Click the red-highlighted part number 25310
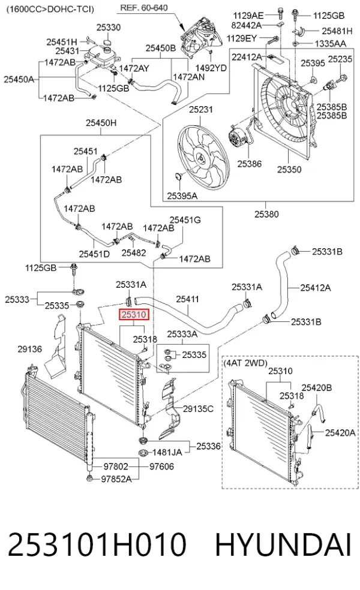coord(134,314)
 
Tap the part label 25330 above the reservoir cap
coord(109,27)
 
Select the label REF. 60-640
coord(144,8)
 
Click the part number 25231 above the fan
coord(201,109)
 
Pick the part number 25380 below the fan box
coord(266,214)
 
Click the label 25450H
coord(101,123)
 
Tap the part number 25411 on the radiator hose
coord(187,299)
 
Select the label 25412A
coord(316,288)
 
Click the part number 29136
coord(30,349)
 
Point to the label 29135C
coord(198,409)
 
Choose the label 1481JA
coord(167,452)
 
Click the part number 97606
coord(161,466)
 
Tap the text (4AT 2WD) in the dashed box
coord(245,363)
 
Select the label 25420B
coord(317,387)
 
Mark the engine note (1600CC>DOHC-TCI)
coord(50,9)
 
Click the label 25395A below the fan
coord(182,195)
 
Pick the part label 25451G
coord(185,219)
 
